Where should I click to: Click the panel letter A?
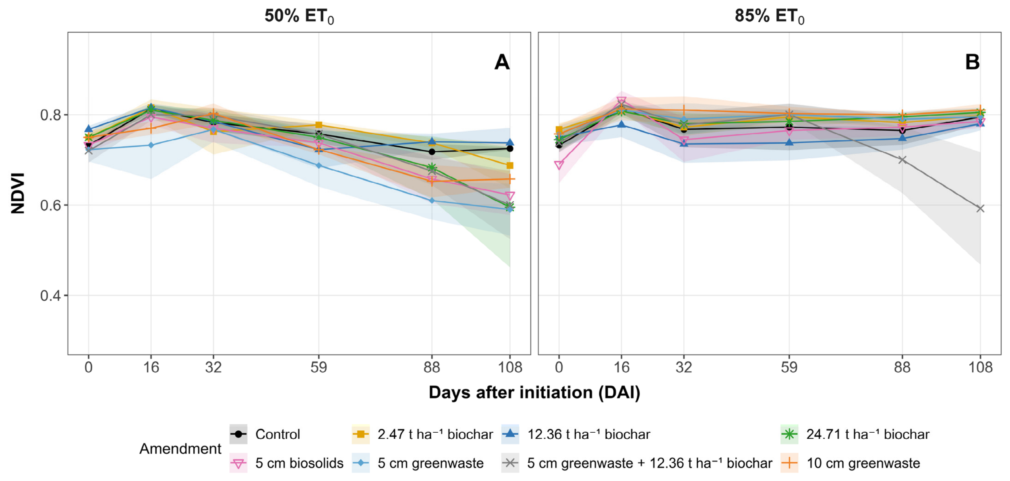tap(502, 62)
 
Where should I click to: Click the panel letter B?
tap(972, 62)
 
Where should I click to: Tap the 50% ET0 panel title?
tap(299, 17)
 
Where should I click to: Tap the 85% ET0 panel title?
tap(769, 17)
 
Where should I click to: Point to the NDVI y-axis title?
tap(18, 193)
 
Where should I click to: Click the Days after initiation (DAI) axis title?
tap(534, 392)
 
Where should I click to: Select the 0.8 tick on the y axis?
tap(51, 115)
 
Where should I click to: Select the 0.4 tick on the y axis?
tap(51, 296)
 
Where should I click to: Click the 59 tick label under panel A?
tap(319, 367)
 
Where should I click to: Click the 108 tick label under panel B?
tap(980, 367)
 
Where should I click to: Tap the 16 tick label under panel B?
tap(621, 367)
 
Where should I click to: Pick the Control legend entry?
tap(265, 434)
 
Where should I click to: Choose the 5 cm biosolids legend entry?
tap(286, 463)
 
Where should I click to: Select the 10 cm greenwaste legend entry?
tap(850, 463)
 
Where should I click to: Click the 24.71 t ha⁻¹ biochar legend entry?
tap(855, 434)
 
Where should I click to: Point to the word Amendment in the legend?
tap(180, 449)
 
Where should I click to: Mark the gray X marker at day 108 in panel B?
tap(980, 209)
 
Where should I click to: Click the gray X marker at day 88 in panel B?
tap(902, 160)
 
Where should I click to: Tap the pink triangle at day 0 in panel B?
tap(559, 165)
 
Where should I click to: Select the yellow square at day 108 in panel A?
tap(510, 165)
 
